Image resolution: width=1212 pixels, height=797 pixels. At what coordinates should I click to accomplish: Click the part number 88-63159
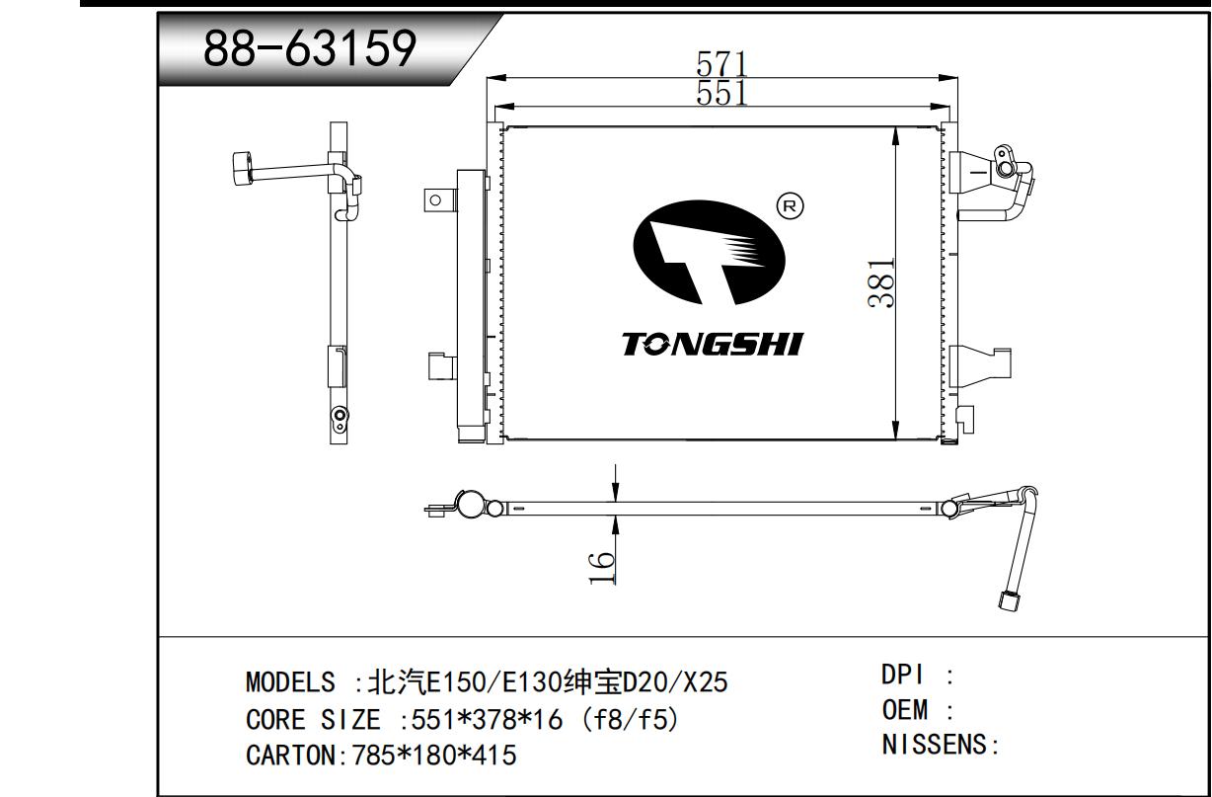[310, 48]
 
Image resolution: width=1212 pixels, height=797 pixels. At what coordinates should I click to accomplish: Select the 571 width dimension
[721, 63]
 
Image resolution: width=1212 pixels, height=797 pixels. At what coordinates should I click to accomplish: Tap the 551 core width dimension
[721, 93]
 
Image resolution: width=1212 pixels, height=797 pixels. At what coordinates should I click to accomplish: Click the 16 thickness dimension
[602, 569]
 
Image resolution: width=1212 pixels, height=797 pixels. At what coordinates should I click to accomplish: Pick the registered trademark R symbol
[790, 205]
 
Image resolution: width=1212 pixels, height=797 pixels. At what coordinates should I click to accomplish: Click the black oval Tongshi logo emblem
[709, 252]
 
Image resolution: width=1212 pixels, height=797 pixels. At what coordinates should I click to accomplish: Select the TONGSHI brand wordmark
[713, 345]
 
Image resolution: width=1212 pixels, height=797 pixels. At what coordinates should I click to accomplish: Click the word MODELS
[290, 681]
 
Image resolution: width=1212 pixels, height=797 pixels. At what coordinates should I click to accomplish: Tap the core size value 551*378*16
[487, 720]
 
